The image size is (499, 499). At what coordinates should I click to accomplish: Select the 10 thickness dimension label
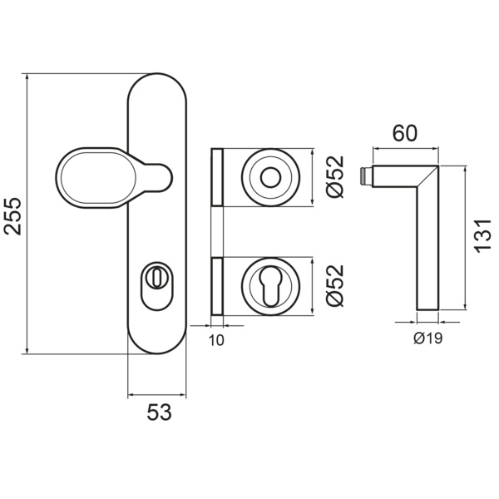click(215, 339)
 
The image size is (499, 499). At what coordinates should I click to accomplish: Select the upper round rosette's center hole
click(269, 177)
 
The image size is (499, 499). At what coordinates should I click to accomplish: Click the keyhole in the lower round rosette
click(269, 288)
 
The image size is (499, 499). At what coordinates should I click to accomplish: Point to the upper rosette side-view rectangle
click(218, 177)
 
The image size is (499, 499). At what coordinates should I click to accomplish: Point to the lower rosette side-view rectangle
click(218, 288)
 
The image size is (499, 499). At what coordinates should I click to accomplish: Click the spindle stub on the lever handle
click(366, 176)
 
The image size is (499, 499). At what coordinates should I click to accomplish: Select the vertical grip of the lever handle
click(427, 249)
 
